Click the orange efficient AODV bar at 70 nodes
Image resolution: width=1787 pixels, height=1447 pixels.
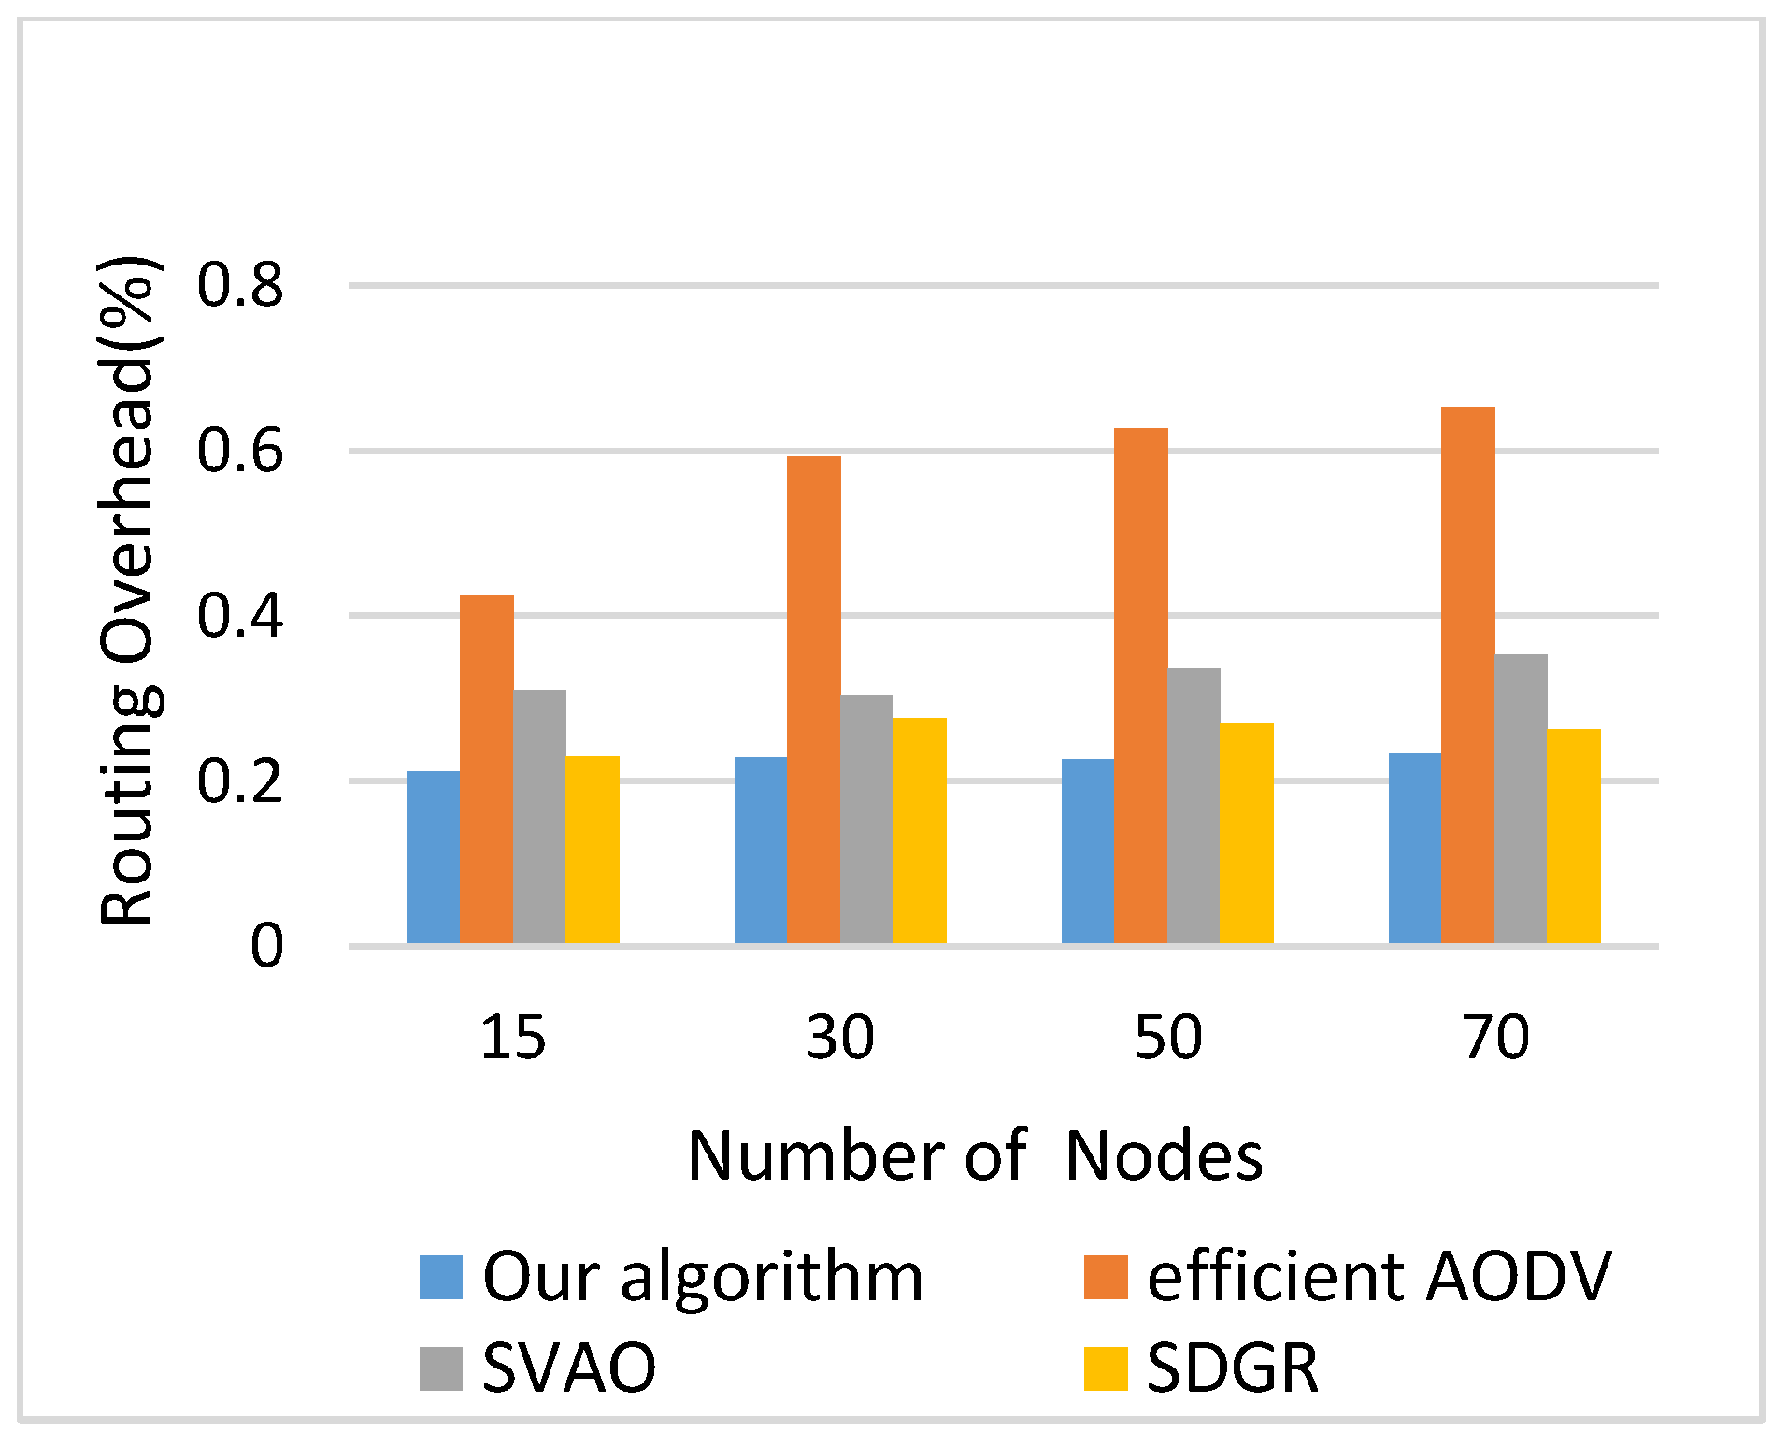coord(1467,675)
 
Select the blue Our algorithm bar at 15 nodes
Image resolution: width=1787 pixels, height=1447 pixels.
coord(434,857)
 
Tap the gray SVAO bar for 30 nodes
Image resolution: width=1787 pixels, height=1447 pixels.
coord(866,819)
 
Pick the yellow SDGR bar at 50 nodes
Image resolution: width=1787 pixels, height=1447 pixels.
coord(1246,833)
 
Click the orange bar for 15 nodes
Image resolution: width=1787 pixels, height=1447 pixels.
coord(486,768)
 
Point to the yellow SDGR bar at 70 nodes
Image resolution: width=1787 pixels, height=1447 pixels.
coord(1573,836)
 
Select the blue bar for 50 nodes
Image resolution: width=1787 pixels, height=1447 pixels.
coord(1088,851)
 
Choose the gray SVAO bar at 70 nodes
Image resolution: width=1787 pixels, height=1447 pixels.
coord(1521,798)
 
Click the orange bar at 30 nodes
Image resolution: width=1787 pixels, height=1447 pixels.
coord(813,699)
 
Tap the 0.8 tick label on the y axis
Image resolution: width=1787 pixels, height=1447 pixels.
coord(239,285)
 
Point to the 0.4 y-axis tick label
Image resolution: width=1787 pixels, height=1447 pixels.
coord(239,617)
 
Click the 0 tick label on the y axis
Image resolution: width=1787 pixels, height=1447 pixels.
coord(266,946)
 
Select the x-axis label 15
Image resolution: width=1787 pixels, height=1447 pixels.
coord(512,1038)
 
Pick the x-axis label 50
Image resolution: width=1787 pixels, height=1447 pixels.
coord(1167,1038)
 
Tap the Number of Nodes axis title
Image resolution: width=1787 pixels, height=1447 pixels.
coord(975,1156)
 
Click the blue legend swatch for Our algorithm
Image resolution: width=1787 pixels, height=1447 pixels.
coord(441,1277)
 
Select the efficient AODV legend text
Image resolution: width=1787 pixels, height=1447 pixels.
coord(1379,1277)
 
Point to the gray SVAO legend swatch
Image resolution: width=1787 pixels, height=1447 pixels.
coord(441,1368)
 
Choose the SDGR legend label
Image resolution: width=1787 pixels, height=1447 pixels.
coord(1232,1368)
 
